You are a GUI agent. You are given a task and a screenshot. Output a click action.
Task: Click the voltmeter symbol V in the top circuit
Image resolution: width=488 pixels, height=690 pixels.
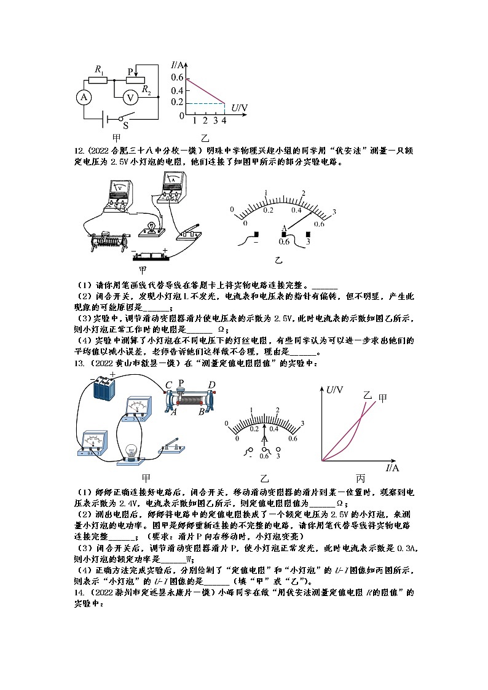(x=130, y=97)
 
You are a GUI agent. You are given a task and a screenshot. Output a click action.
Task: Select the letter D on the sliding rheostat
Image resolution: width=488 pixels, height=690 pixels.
(x=212, y=385)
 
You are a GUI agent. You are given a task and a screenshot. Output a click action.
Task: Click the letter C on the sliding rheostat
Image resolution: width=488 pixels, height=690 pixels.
(x=168, y=385)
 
